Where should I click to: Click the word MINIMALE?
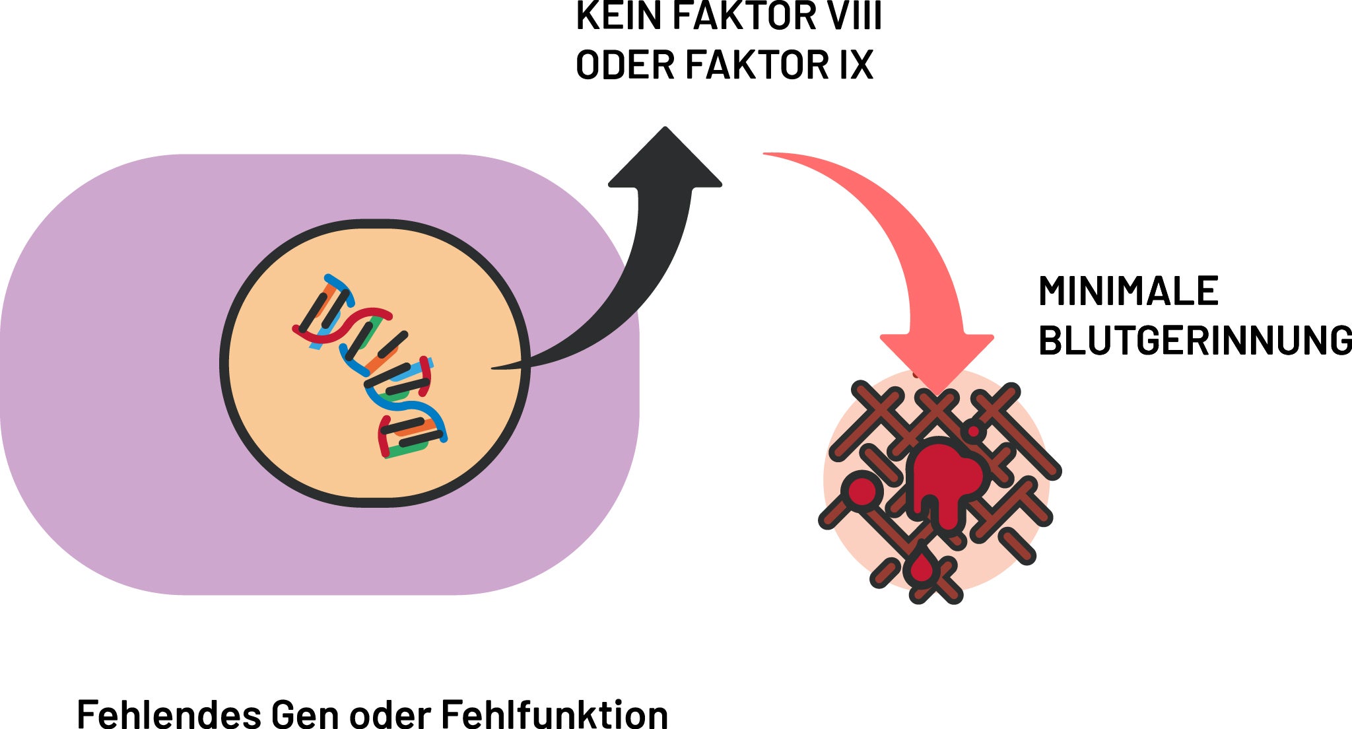1128,291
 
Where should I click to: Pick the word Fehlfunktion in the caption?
554,714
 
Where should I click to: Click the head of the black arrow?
665,158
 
